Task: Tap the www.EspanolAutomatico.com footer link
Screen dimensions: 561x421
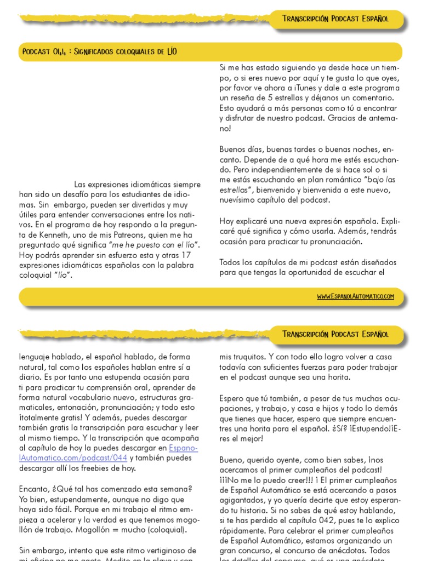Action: pyautogui.click(x=355, y=296)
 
